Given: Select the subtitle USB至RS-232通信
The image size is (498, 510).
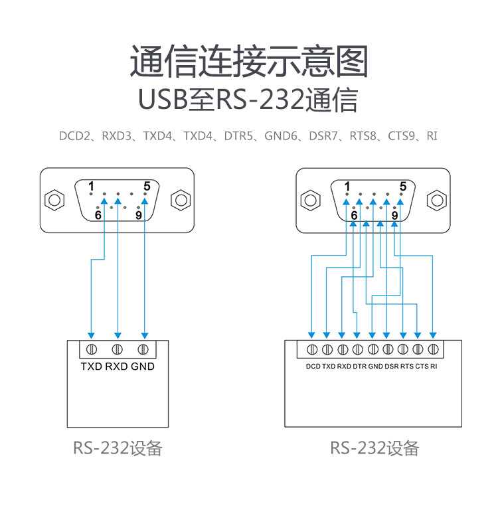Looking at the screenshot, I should click(x=248, y=100).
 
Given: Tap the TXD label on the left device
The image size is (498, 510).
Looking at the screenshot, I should click(x=91, y=367).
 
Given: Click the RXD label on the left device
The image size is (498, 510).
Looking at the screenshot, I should click(x=117, y=367).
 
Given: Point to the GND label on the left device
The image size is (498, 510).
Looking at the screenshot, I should click(x=142, y=367).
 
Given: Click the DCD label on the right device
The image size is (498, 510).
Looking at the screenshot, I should click(x=313, y=367).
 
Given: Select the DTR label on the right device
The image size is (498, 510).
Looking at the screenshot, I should click(x=359, y=367).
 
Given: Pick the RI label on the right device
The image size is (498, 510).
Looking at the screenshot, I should click(x=434, y=367).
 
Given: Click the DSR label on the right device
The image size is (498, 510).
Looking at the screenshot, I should click(x=391, y=367).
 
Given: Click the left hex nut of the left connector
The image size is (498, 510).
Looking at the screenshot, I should click(x=54, y=200).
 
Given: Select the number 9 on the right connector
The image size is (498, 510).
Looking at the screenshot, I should click(x=394, y=215).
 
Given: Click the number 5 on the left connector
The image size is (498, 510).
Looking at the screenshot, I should click(x=146, y=185).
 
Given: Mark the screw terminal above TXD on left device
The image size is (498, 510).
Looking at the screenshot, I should click(x=92, y=349).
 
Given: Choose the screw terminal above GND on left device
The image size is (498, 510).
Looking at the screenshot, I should click(x=142, y=349).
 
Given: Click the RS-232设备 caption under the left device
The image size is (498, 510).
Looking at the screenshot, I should click(x=118, y=448).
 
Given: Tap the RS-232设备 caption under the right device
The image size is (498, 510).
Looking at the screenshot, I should click(x=374, y=448).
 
